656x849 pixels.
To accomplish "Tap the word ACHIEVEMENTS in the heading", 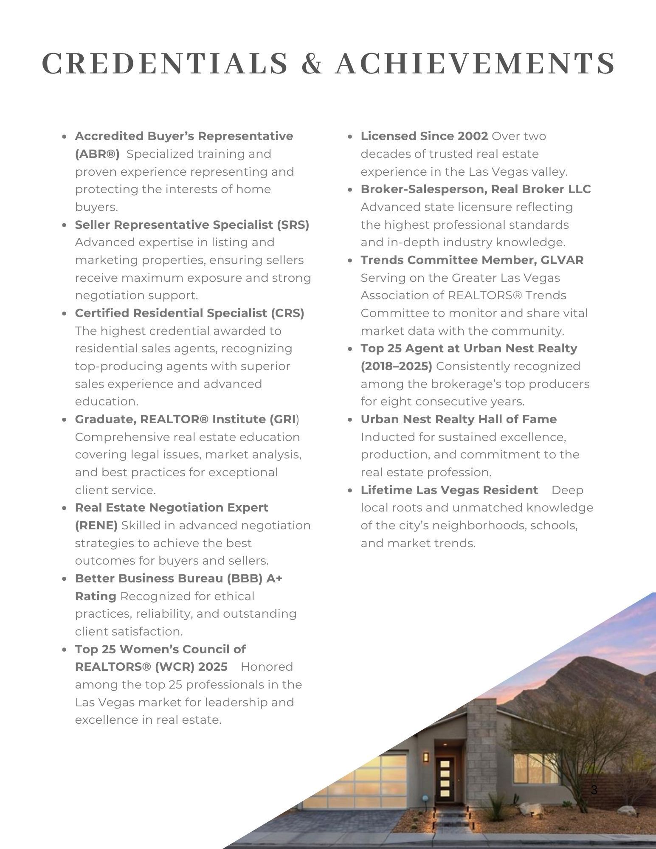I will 475,63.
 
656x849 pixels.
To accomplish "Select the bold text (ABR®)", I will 97,154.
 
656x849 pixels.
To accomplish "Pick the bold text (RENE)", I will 96,526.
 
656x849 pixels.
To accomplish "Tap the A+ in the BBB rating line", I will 274,579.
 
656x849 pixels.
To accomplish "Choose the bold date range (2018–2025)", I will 396,366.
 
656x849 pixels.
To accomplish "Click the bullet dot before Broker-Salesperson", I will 350,190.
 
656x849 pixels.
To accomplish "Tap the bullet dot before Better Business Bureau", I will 64,579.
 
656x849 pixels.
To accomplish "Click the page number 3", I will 594,790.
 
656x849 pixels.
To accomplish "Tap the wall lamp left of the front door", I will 425,757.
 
